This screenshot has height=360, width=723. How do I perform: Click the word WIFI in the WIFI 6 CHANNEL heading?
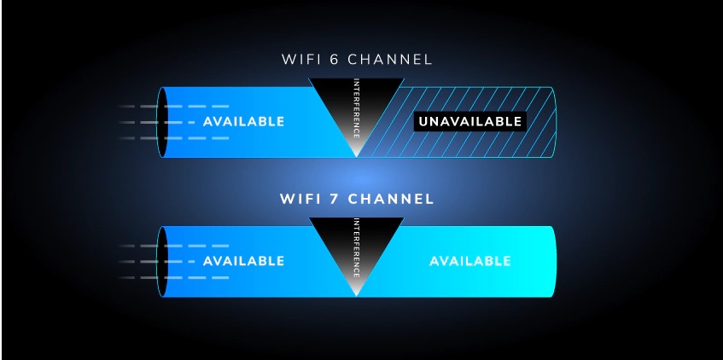pos(303,60)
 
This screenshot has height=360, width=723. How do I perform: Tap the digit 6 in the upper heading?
pos(336,60)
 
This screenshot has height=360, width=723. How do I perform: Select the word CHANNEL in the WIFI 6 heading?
pos(390,60)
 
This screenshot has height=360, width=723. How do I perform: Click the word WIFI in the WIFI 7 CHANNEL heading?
pos(302,199)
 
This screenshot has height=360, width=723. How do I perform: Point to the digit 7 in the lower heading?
pos(336,199)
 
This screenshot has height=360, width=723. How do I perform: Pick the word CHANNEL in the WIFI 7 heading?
pos(391,199)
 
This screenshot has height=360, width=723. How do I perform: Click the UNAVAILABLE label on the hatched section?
pos(469,122)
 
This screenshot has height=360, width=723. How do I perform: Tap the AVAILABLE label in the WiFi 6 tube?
pos(243,122)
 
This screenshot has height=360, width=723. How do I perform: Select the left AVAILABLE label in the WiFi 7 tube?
pos(243,261)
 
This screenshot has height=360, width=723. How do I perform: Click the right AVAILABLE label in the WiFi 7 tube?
pos(469,261)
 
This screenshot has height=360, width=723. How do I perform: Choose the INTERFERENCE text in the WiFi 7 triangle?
pos(357,248)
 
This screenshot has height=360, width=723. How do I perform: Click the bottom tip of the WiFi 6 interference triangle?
pos(357,157)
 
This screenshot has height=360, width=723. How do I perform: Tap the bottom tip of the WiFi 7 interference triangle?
pos(357,296)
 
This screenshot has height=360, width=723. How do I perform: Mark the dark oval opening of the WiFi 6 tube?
pos(162,122)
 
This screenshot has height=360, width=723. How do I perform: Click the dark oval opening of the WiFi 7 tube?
pos(162,261)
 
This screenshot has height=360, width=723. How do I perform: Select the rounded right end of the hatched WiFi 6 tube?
pos(551,122)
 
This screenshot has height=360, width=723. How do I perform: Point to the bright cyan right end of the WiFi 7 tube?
pos(551,261)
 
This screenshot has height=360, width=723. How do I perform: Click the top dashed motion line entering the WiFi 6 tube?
pos(173,107)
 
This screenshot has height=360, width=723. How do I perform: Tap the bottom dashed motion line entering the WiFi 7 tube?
pos(173,277)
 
